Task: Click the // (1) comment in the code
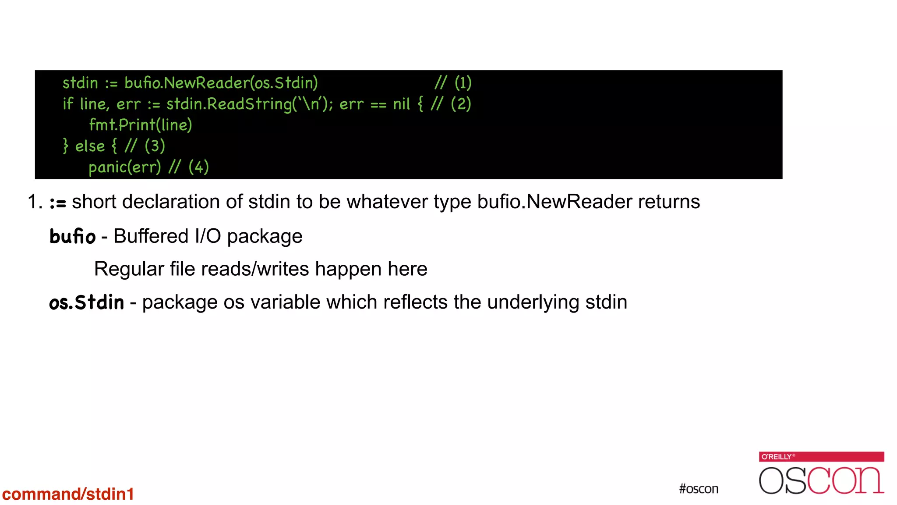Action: coord(453,82)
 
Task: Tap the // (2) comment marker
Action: coord(451,104)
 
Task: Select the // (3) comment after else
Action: coord(145,146)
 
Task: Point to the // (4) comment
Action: coord(188,167)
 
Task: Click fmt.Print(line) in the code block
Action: coord(140,125)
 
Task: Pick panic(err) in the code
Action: coord(125,167)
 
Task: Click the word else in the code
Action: coord(90,146)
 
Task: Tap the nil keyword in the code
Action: coord(401,104)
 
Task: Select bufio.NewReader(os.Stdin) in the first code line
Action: coord(221,82)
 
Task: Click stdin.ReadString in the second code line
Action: coord(229,104)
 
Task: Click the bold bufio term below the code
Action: coord(72,236)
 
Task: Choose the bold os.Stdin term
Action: coord(86,302)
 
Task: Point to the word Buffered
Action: coord(151,236)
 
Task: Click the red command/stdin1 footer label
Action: coord(68,494)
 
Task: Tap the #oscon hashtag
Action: coord(699,489)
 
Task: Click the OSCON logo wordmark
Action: coord(821,480)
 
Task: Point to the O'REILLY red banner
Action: coord(821,456)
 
